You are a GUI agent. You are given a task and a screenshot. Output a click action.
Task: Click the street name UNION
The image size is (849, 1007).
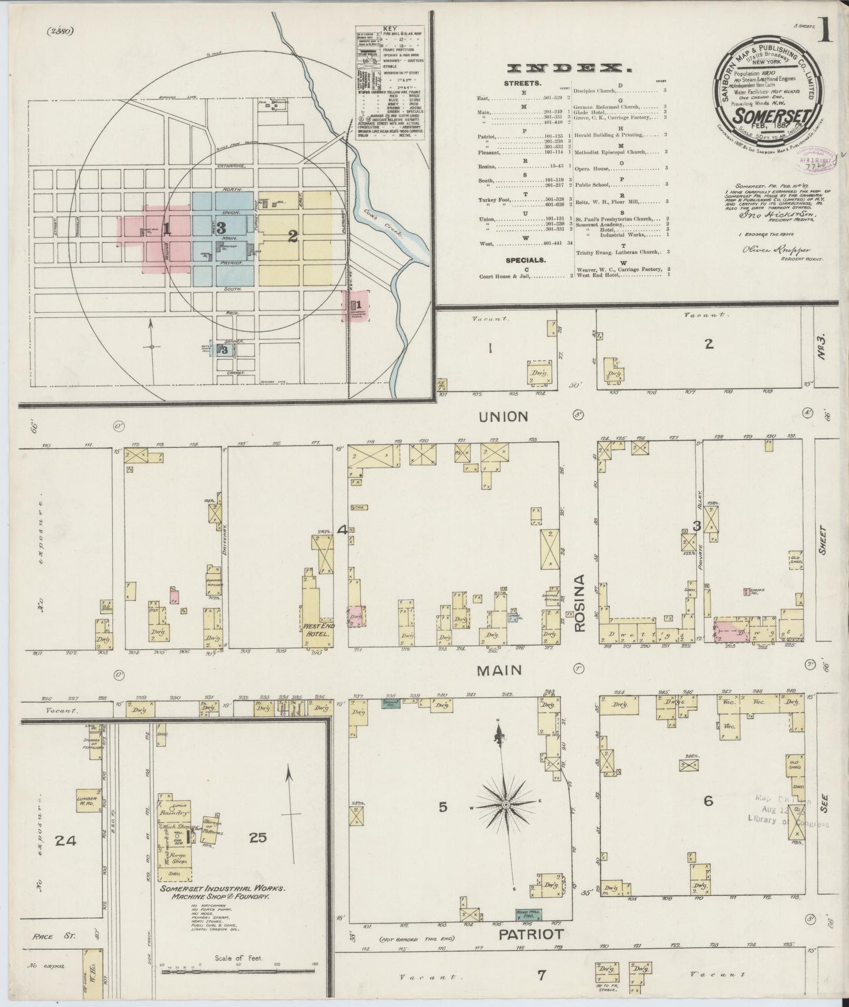[x=503, y=417]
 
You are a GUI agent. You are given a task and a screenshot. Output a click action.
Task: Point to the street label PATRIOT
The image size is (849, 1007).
[x=532, y=934]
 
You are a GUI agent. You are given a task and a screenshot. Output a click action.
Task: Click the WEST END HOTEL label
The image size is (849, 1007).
[x=320, y=631]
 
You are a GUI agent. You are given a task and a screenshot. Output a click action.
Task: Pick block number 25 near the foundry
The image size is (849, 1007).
[x=258, y=838]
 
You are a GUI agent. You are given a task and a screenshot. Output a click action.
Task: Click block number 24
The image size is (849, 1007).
[x=65, y=841]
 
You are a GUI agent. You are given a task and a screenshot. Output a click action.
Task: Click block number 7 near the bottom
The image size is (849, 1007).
[x=541, y=975]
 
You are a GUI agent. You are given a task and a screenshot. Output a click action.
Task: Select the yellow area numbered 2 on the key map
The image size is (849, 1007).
[x=293, y=236]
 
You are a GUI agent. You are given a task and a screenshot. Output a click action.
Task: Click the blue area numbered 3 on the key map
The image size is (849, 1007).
[x=222, y=228]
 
